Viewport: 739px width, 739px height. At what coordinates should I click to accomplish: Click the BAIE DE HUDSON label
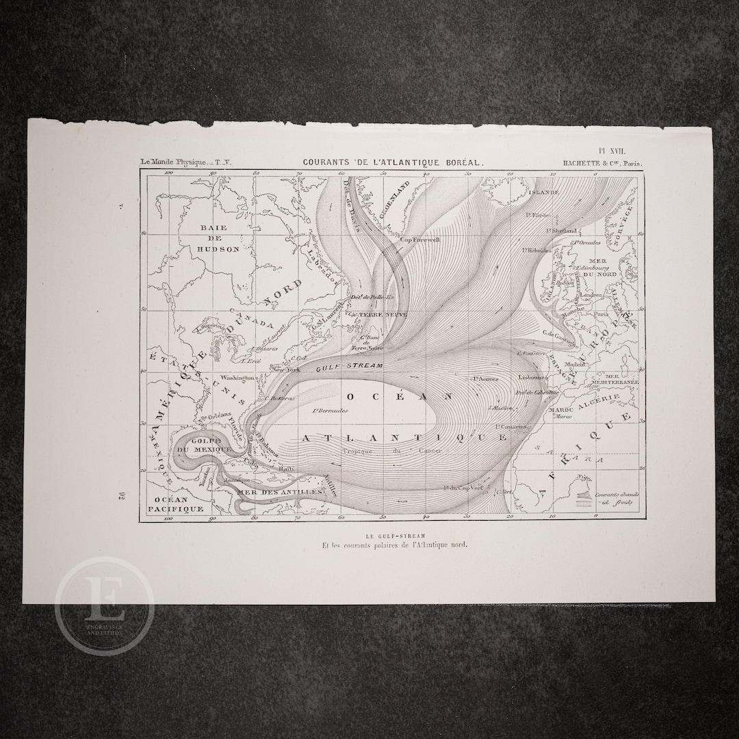coord(220,237)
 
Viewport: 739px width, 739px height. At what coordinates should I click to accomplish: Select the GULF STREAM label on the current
coord(348,367)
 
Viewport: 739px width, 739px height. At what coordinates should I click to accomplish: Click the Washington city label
coord(237,377)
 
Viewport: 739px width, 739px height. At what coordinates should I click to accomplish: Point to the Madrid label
coord(576,365)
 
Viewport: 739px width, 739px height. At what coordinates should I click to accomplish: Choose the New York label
coord(286,369)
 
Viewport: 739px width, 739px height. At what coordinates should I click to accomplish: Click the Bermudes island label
coord(330,411)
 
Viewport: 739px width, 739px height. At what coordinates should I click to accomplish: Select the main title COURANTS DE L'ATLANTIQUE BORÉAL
coord(393,162)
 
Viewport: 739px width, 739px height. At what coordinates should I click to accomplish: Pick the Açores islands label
coord(484,378)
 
